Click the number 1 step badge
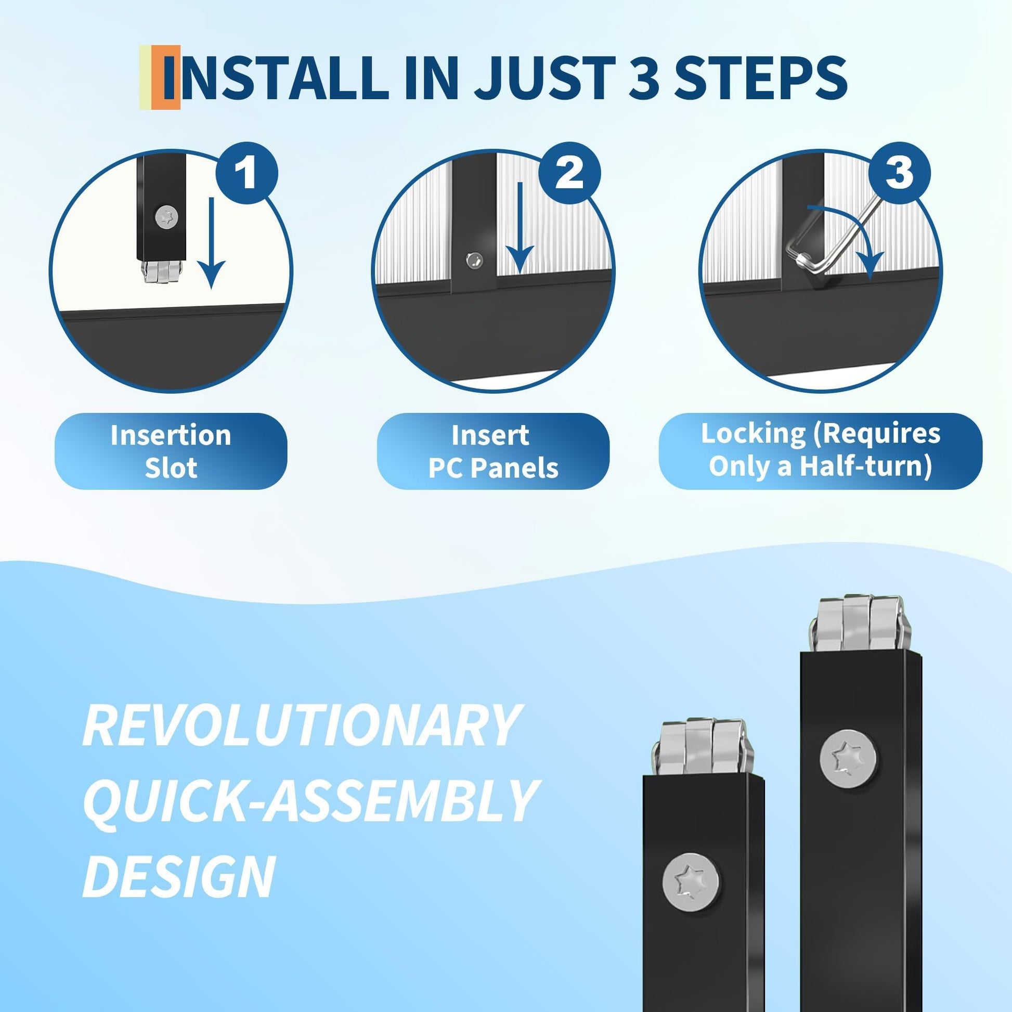246,173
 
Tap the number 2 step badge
569,173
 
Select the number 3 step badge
899,173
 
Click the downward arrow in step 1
211,243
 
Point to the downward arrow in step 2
520,228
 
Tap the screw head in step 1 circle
166,216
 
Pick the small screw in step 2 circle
475,260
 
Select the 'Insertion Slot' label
171,451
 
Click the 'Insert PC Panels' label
493,451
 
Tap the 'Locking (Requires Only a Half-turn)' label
820,451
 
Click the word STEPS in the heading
760,78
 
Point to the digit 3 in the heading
644,78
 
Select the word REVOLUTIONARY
301,725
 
